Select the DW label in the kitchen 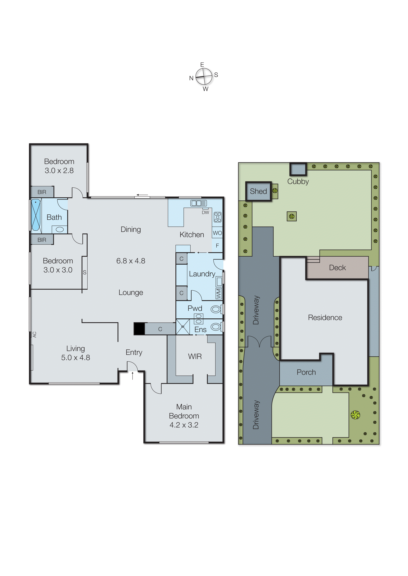tap(205, 212)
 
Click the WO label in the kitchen tap(217, 233)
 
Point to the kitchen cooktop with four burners tap(218, 217)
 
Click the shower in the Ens tap(183, 327)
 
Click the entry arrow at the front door tap(133, 376)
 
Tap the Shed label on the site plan tap(258, 191)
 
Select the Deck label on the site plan tap(337, 268)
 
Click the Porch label tap(306, 372)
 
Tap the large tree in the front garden tap(355, 415)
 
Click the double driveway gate tap(260, 342)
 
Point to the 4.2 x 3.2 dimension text tap(184, 425)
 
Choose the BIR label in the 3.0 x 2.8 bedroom tap(42, 192)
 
